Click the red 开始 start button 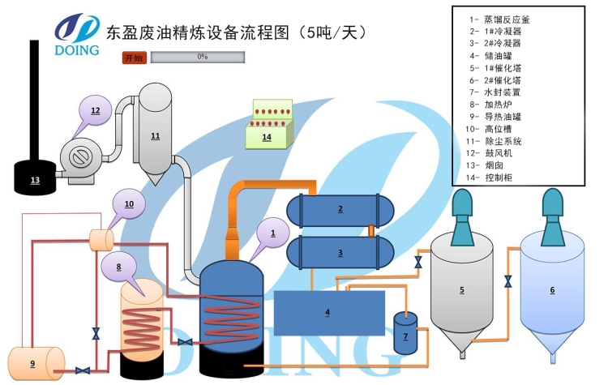point(134,58)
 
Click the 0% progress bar point(198,58)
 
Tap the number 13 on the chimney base point(35,180)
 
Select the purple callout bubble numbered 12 point(95,111)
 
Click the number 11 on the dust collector point(155,136)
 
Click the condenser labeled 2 point(340,210)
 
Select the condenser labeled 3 point(340,253)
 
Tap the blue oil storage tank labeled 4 point(328,311)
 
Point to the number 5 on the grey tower point(461,289)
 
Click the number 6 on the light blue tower point(552,289)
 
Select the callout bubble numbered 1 point(273,233)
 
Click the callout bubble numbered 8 point(119,267)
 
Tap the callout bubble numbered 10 point(129,204)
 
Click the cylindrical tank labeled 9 point(35,362)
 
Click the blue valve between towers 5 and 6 point(507,281)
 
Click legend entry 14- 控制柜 point(491,178)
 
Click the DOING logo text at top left point(78,50)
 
